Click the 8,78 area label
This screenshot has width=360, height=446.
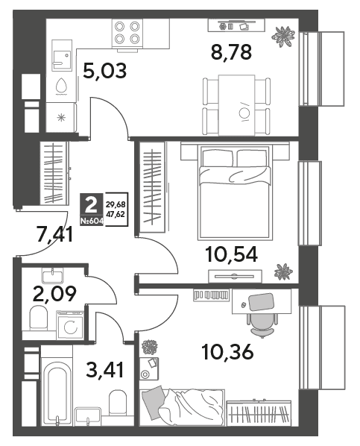click(x=231, y=53)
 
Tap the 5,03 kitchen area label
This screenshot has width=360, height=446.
click(x=104, y=71)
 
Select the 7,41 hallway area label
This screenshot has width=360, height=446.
click(x=55, y=233)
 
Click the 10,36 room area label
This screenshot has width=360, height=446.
click(x=227, y=351)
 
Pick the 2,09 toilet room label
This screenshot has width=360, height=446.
click(x=54, y=294)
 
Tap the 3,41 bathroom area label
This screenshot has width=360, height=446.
click(x=105, y=370)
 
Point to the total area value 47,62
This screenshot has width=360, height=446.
click(x=116, y=214)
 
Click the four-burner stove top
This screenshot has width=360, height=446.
click(x=127, y=33)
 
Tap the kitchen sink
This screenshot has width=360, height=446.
click(x=62, y=55)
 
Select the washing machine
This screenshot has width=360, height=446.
click(x=70, y=325)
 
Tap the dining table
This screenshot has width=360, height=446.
click(x=236, y=105)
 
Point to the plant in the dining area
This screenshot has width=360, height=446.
click(x=282, y=36)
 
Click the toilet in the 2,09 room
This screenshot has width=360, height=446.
click(x=39, y=318)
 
